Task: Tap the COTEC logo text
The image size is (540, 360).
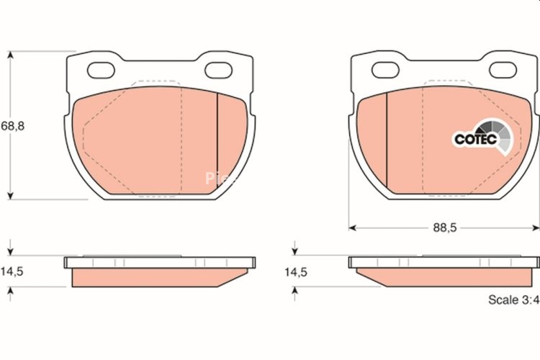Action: click(x=475, y=139)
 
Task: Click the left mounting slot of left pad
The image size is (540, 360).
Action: click(x=100, y=70)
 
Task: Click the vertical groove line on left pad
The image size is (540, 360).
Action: click(x=217, y=140)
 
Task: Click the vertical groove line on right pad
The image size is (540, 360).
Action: click(x=387, y=140)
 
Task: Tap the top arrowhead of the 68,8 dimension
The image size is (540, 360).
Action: click(x=10, y=56)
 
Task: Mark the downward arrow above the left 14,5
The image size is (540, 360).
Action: click(x=10, y=253)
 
